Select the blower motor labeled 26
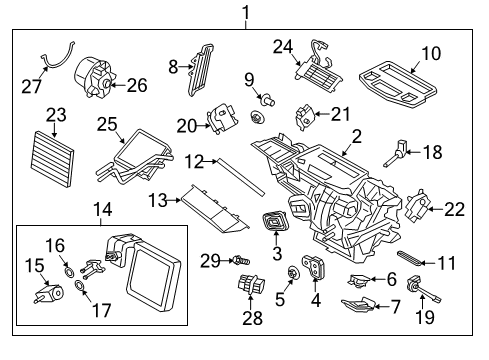tap(99, 76)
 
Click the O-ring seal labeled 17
tap(78, 290)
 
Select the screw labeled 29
tap(240, 263)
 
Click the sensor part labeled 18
tap(398, 152)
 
